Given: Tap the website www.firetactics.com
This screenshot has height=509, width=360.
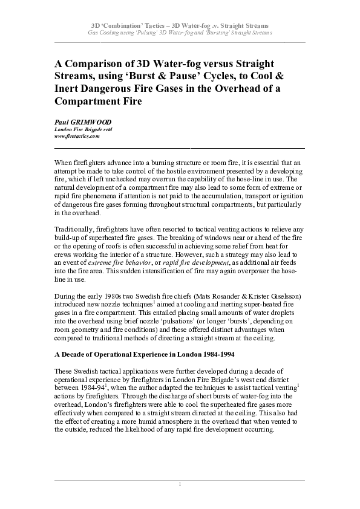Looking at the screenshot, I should point(77,137).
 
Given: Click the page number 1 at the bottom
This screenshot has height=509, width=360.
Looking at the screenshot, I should point(180,484).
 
